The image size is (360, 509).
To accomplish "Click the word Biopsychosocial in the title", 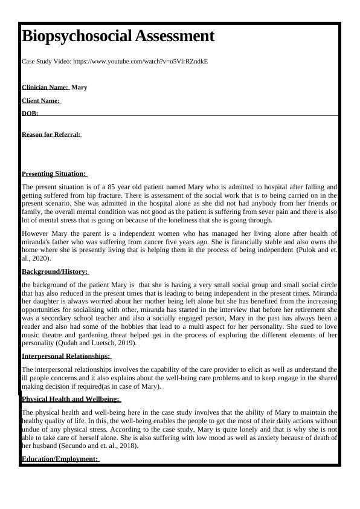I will coord(75,36).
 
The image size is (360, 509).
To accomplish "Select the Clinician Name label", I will coord(45,87).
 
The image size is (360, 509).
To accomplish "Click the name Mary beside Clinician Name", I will coord(79,87).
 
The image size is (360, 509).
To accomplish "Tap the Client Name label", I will coord(40,100).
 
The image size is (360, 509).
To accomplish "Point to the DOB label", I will coord(30,113).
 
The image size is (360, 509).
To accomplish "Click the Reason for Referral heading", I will coord(51,134).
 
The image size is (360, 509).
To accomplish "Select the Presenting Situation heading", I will coord(53,173).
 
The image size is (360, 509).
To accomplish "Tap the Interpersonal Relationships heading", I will coord(66,356).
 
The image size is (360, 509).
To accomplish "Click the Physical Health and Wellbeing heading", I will coord(70,399).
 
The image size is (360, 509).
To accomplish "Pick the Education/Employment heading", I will coord(59,459).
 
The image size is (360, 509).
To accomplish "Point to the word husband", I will coord(34,446).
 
